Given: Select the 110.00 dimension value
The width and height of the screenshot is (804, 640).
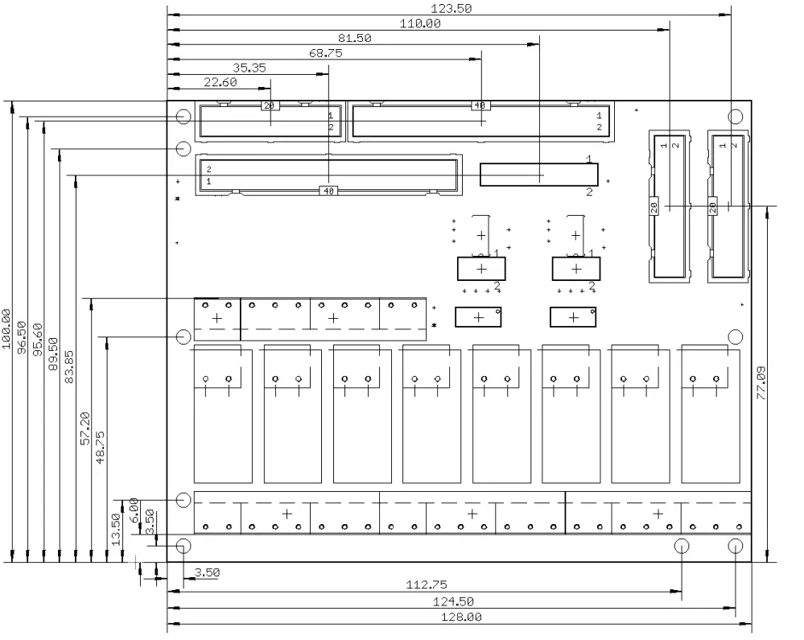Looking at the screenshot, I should [x=420, y=23].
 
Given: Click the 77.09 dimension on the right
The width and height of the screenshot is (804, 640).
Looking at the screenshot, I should [x=762, y=383].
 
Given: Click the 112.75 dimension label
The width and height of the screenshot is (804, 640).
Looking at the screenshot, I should [x=427, y=585].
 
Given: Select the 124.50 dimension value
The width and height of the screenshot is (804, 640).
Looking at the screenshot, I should [x=454, y=601].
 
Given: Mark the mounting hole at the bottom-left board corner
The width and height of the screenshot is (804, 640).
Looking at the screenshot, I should [x=183, y=546].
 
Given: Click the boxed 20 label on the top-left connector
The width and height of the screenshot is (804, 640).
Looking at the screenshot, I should [x=268, y=105].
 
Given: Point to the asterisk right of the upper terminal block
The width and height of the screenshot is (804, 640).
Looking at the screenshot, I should [x=435, y=325].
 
